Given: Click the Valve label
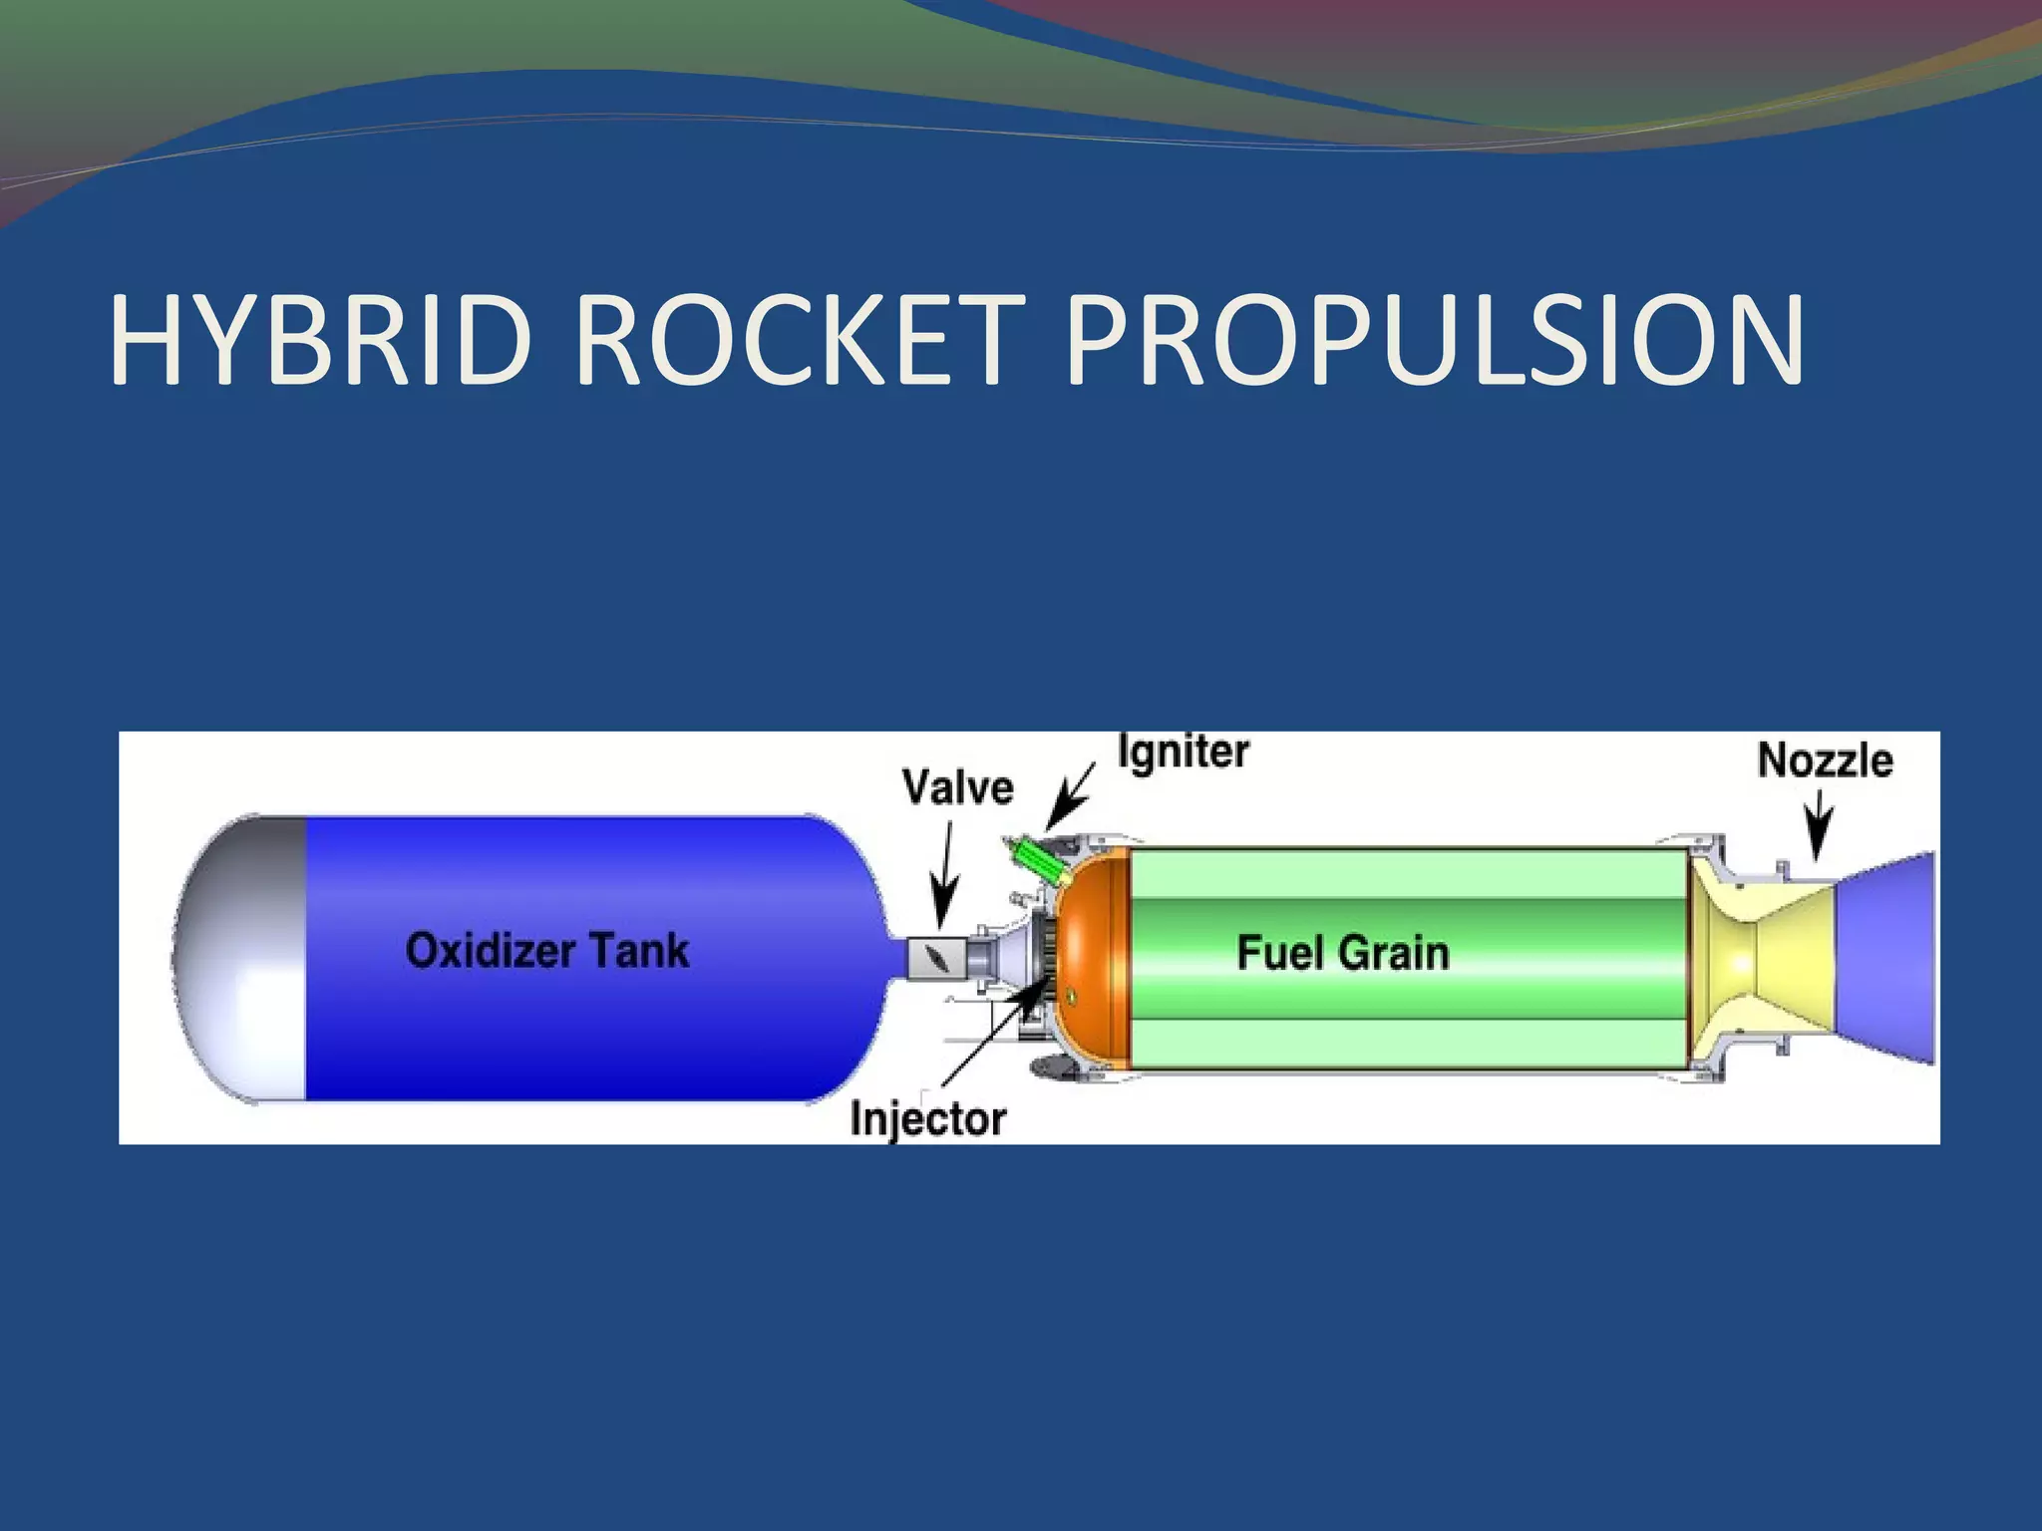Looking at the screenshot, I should point(958,787).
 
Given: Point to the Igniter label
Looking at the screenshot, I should point(1184,753).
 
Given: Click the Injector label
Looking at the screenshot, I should point(928,1119).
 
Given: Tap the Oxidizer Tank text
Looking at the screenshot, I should point(547,950).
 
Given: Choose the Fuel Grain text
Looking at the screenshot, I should point(1343,953).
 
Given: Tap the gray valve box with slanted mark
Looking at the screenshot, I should point(936,958).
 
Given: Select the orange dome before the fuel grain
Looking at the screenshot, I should point(1093,957).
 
